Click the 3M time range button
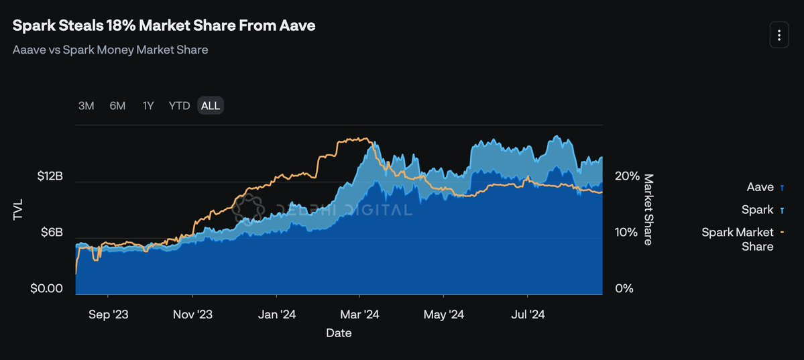coord(86,106)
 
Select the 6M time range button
coord(117,106)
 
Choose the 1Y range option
coord(148,106)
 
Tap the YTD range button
coord(179,106)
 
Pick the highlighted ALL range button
coord(210,106)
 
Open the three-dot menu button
coord(779,35)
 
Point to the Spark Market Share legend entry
coord(738,239)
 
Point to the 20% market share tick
coord(627,176)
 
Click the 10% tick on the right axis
coord(626,233)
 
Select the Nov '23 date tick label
coord(192,314)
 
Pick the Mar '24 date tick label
coord(360,314)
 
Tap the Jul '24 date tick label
coord(528,314)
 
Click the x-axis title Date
coord(339,333)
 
